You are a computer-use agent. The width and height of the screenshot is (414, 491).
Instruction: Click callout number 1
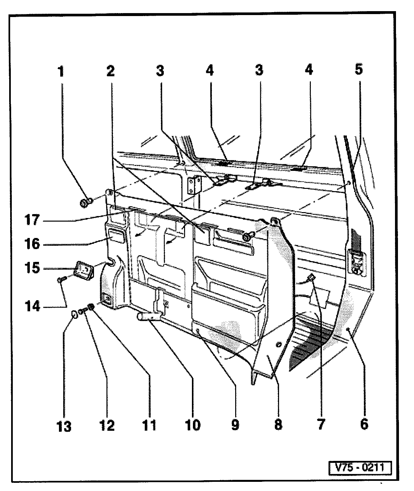coord(61,72)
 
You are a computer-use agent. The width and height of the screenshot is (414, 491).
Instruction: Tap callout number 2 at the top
coord(110,72)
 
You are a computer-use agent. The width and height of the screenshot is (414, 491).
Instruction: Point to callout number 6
coord(364,424)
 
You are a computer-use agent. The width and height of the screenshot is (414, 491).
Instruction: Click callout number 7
coord(320,424)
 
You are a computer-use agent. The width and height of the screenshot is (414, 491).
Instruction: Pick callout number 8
coord(277,424)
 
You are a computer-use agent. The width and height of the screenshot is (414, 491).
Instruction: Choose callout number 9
coord(235,425)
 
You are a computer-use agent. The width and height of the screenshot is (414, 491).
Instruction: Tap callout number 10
coord(193,425)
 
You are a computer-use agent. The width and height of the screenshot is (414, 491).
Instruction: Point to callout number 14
coord(33,307)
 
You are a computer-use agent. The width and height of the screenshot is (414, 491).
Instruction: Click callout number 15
coord(32,268)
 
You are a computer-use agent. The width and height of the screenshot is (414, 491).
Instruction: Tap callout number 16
coord(32,244)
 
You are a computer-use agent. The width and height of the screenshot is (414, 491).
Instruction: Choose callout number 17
coord(32,220)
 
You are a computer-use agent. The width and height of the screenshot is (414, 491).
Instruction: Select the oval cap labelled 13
coord(75,315)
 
